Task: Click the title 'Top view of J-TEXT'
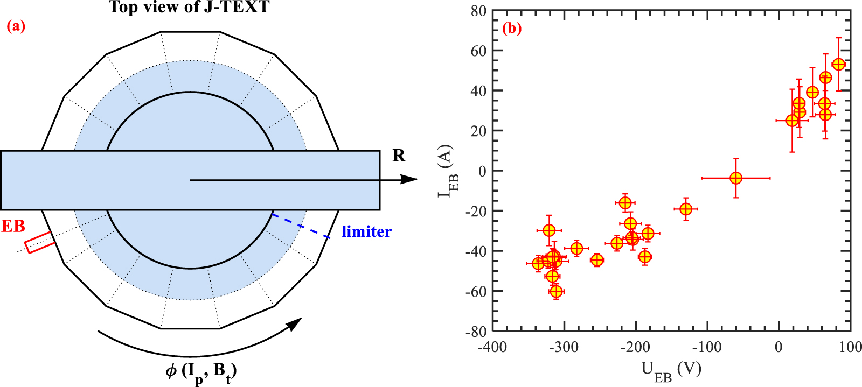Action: tap(189, 7)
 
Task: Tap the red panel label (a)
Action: tap(16, 26)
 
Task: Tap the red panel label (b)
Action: tap(511, 28)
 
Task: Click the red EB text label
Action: tap(13, 226)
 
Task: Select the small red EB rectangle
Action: tap(40, 243)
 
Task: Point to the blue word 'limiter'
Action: tap(366, 231)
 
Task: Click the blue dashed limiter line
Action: tap(301, 226)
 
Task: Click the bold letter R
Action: tap(399, 156)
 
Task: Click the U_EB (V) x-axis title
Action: tap(671, 370)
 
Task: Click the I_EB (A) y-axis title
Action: tap(447, 171)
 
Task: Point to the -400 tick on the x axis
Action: tap(492, 347)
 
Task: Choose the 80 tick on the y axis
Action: tap(478, 11)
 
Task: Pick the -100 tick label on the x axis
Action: tap(706, 347)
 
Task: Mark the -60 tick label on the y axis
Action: tap(476, 291)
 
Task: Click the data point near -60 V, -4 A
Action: tap(735, 178)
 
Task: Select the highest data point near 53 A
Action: tap(838, 64)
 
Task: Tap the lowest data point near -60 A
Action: tap(556, 291)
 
